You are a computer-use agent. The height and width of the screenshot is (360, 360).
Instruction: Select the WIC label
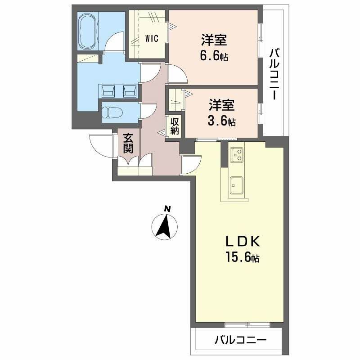pos(152,39)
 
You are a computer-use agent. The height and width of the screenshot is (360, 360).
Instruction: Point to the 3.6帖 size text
pos(222,121)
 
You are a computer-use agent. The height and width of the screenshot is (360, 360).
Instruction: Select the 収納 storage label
pos(175,126)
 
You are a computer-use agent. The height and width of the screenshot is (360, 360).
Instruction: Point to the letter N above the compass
pos(167,208)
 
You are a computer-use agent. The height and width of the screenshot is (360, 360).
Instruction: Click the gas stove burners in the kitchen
pos(237,155)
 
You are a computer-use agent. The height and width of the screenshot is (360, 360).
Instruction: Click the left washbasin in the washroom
pos(108,91)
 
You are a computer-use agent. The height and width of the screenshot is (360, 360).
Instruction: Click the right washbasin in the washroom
pos(130,91)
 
